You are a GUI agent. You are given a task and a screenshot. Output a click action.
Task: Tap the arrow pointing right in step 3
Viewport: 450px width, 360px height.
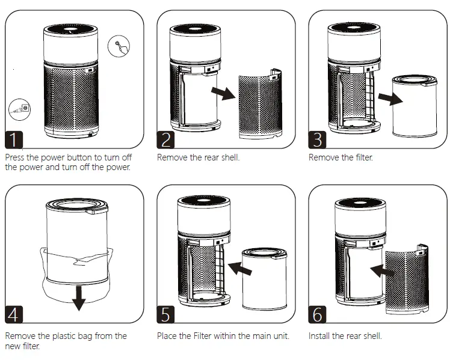[390, 99]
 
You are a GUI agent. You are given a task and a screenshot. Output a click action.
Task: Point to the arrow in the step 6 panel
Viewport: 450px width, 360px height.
[381, 271]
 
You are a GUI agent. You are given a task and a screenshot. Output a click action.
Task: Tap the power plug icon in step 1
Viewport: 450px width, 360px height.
[20, 109]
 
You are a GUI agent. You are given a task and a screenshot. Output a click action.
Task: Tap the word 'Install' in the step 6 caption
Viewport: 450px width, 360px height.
[319, 336]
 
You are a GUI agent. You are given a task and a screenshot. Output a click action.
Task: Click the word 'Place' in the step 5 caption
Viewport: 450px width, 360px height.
[168, 336]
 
